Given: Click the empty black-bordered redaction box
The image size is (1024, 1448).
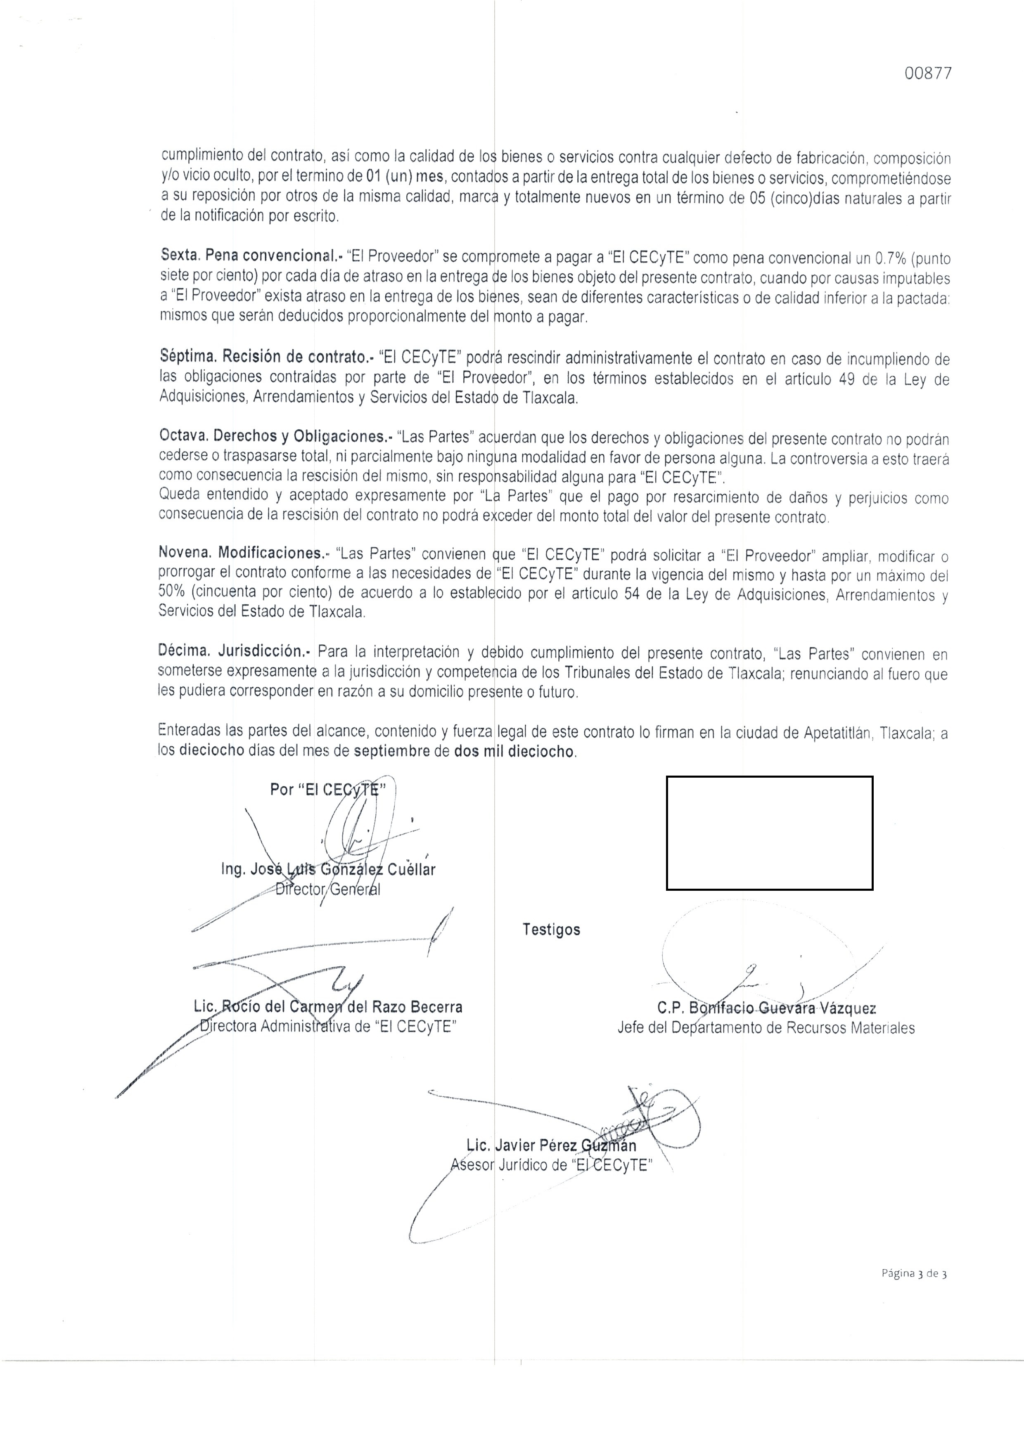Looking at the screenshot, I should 769,833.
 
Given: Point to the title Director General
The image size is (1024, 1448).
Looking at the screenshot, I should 329,890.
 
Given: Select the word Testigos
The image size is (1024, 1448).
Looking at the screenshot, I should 551,930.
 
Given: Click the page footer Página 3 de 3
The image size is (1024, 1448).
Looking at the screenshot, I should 914,1273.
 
